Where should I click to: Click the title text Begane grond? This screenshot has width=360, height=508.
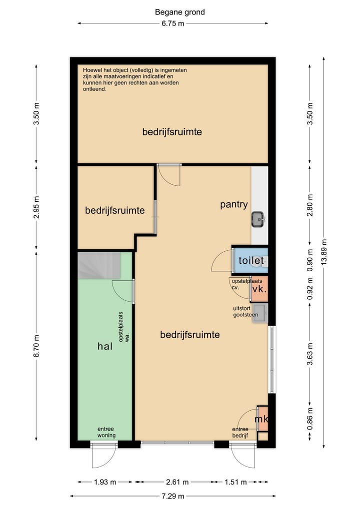tap(179, 12)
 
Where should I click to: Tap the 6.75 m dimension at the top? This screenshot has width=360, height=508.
tap(173, 23)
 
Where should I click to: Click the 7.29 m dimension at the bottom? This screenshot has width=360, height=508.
tap(173, 496)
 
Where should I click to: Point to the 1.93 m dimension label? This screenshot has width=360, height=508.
tap(105, 482)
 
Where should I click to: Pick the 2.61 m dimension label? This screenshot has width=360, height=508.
tap(177, 482)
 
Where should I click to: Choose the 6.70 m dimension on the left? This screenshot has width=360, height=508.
tap(36, 346)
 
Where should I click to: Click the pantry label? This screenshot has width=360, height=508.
tap(234, 204)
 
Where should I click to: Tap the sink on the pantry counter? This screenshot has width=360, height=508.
tap(258, 219)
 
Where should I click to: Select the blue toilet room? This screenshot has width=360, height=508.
tap(250, 260)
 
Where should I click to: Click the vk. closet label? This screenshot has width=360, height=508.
tap(259, 289)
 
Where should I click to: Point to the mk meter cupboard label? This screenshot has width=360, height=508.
tap(261, 419)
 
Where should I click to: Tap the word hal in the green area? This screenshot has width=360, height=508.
tap(105, 346)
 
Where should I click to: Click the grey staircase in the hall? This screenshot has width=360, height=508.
tap(99, 265)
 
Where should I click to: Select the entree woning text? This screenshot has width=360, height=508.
tap(106, 432)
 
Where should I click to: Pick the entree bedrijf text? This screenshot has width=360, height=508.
tap(240, 432)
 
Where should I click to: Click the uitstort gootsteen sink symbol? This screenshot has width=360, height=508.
tap(260, 313)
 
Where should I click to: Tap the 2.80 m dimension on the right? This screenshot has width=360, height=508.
tap(310, 205)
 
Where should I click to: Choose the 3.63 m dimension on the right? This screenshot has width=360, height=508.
tap(310, 354)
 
